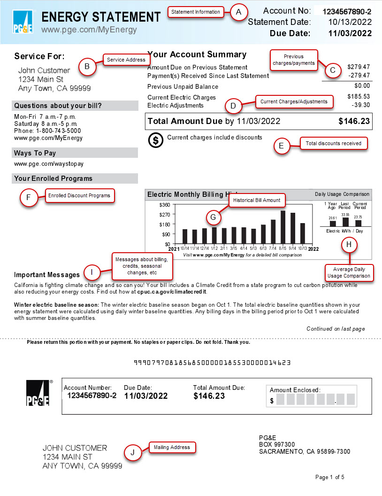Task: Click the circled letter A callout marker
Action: tap(239, 12)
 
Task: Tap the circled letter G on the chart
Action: tap(213, 217)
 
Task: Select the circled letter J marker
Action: tap(133, 452)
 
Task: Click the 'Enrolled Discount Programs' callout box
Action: tap(79, 195)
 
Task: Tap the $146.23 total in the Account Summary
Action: tap(354, 121)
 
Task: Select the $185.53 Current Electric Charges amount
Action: tap(359, 96)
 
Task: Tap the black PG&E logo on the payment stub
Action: tap(38, 393)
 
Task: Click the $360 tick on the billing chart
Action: tap(164, 205)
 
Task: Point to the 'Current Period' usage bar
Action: tap(359, 223)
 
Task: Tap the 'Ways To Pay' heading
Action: tap(35, 153)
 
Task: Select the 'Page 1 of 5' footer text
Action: tap(330, 477)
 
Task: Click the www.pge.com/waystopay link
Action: tap(48, 164)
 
